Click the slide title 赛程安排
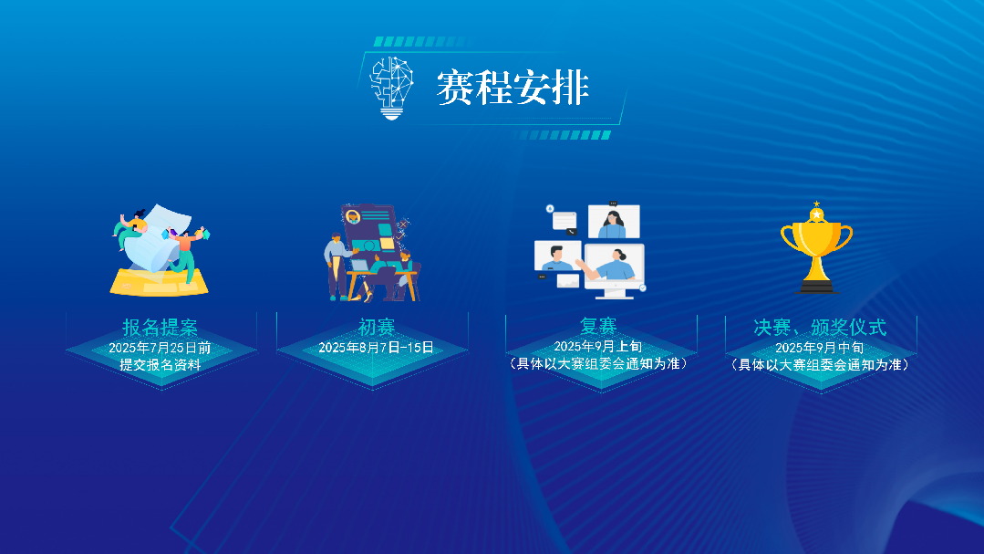tap(513, 88)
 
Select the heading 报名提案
tap(161, 328)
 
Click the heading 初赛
tap(376, 328)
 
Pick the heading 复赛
tap(598, 326)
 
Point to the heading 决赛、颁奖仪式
tap(820, 328)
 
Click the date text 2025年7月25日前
tap(160, 348)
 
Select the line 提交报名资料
tap(160, 364)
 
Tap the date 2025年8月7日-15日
tap(376, 348)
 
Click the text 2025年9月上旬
tap(598, 346)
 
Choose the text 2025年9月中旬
tap(819, 348)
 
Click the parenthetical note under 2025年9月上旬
tap(598, 363)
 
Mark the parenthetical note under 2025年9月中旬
tap(820, 364)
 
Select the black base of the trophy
tap(816, 287)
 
